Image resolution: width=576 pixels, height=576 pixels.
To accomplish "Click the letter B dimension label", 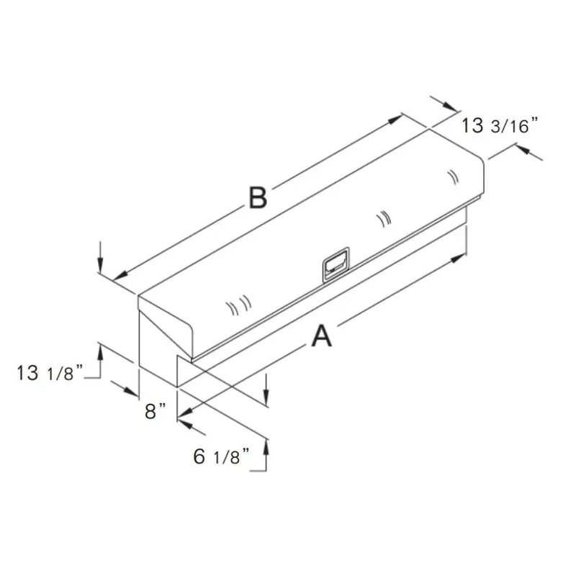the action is pos(258,197).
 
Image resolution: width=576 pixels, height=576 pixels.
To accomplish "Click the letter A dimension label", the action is pos(321,336).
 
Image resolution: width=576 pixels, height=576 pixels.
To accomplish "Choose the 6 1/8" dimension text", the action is pos(221,456).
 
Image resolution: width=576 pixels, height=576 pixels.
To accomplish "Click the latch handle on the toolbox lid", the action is pos(336,265).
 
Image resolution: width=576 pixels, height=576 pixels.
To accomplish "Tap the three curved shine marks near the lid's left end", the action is pos(238,305).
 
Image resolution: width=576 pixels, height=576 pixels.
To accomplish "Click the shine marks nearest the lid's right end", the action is pos(454,177).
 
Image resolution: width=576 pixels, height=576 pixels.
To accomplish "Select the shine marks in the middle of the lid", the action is pos(384,219).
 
